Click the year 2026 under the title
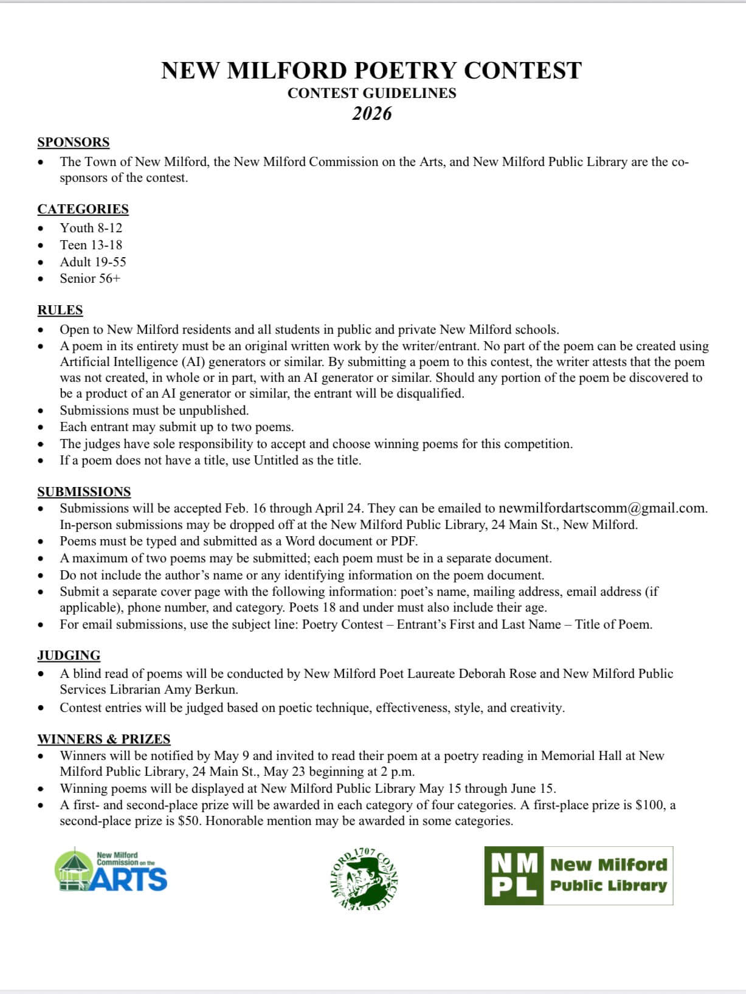[372, 114]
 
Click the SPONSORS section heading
[74, 142]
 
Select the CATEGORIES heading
[83, 209]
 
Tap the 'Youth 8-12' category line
[91, 228]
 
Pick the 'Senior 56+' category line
[90, 278]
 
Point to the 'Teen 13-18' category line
[91, 245]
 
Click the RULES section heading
[60, 310]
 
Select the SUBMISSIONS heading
[84, 492]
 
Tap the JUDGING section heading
[69, 655]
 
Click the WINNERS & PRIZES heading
[104, 739]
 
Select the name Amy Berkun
[200, 690]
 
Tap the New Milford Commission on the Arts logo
[111, 872]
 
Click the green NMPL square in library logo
[514, 875]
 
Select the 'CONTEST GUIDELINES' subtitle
[372, 93]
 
